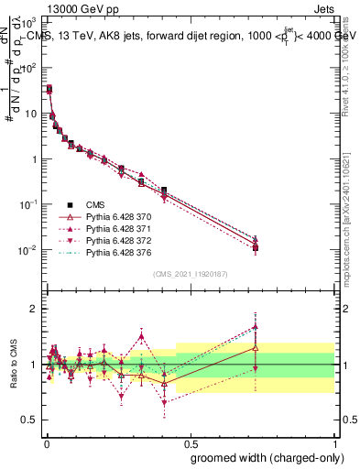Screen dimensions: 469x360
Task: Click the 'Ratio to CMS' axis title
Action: click(x=14, y=365)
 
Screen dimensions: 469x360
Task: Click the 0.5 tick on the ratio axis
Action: click(x=30, y=420)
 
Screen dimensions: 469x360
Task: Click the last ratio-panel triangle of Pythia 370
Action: click(x=256, y=348)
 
